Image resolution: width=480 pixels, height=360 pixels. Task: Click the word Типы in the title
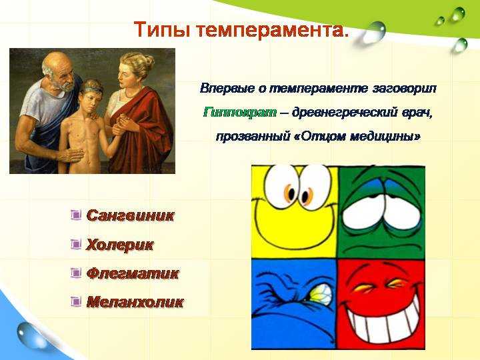pos(162,30)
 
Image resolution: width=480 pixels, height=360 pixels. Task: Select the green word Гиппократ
pos(240,113)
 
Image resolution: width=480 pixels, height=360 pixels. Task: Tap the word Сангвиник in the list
pos(131,215)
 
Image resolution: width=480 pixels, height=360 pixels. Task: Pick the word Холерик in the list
pos(120,245)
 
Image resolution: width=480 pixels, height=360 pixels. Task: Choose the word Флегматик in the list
pos(132,273)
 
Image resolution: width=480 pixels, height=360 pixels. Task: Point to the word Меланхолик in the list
pos(135,302)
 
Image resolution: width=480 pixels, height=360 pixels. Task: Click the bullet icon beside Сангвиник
pos(76,215)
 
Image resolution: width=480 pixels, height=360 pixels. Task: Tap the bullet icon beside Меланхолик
pos(76,301)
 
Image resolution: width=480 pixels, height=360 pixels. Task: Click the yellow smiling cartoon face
pos(295,212)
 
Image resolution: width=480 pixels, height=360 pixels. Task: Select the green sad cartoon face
pos(381,212)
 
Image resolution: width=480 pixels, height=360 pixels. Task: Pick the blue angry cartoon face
pos(294,304)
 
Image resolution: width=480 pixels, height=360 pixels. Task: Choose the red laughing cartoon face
pos(381,304)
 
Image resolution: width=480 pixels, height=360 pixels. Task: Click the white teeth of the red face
pos(385,325)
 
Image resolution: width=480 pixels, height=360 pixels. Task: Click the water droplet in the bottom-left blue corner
pos(29,336)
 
